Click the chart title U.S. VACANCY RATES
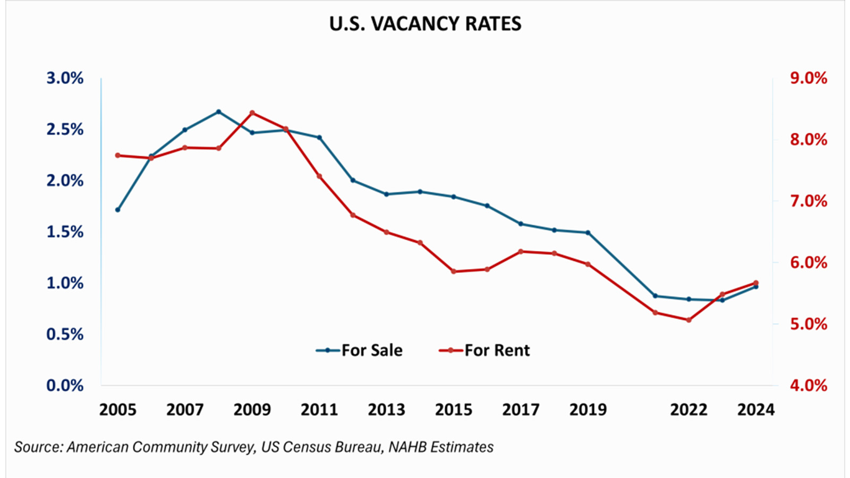click(x=425, y=24)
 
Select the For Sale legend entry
click(x=359, y=351)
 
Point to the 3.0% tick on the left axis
click(x=65, y=78)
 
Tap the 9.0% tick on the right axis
click(x=808, y=78)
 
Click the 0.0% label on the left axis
click(x=65, y=385)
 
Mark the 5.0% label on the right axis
click(x=808, y=324)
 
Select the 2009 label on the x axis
click(x=252, y=409)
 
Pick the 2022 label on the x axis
click(x=688, y=409)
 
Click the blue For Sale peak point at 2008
click(x=218, y=112)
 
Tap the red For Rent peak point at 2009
click(x=252, y=113)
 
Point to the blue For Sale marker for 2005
click(x=117, y=210)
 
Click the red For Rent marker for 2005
click(x=117, y=156)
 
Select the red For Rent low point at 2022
click(x=688, y=320)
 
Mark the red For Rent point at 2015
click(x=453, y=271)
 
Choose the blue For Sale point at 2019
click(x=588, y=233)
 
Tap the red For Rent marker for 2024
click(x=756, y=283)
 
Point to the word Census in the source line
click(x=308, y=447)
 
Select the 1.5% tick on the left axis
click(x=65, y=232)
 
